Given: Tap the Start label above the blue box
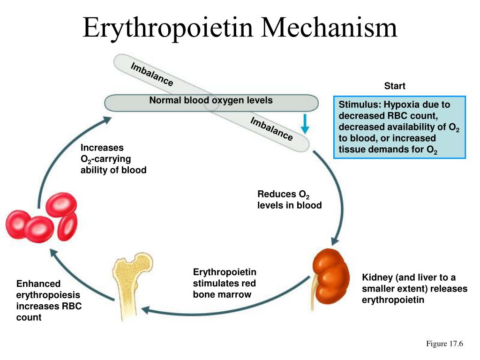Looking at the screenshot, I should pyautogui.click(x=395, y=86).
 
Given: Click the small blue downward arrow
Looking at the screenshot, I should pyautogui.click(x=305, y=124).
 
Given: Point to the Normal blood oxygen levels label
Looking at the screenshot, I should pyautogui.click(x=211, y=100).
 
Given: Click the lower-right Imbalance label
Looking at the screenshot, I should pyautogui.click(x=271, y=129).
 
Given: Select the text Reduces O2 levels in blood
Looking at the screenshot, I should pyautogui.click(x=289, y=200).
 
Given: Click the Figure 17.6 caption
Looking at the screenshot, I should pyautogui.click(x=444, y=345).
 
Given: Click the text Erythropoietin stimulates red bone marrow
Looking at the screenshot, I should pyautogui.click(x=225, y=284).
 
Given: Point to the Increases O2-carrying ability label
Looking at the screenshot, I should pyautogui.click(x=113, y=159).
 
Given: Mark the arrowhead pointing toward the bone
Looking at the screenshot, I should pyautogui.click(x=145, y=310).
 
